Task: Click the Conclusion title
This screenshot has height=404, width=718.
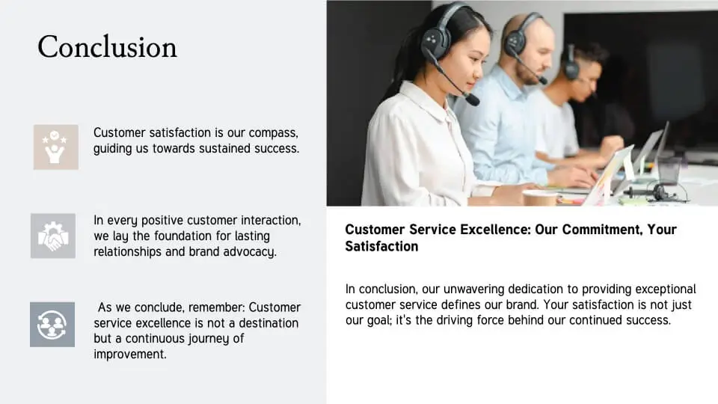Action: [107, 46]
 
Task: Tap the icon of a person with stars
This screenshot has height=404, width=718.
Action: [56, 147]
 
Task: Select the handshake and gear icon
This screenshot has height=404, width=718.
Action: [53, 236]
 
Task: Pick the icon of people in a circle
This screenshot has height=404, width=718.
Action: [52, 324]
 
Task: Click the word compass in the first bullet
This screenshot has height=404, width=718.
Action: [274, 133]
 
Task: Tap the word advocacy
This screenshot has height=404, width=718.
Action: [250, 252]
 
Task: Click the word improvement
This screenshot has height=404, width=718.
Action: [130, 355]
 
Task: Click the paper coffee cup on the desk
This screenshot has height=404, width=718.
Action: [540, 198]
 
